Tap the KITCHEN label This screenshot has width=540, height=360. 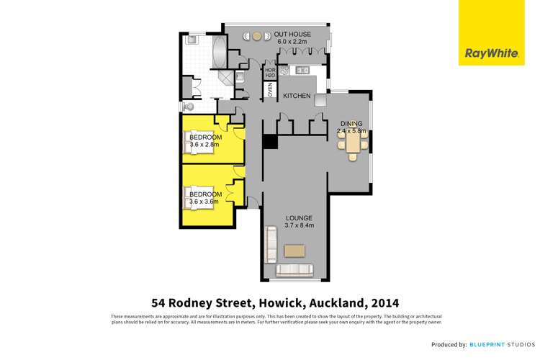coord(296,96)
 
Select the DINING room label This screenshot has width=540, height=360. coord(353,124)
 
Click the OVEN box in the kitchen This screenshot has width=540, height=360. coord(270,91)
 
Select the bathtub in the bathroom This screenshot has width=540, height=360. coord(219,52)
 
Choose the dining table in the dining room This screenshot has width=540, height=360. coord(353,146)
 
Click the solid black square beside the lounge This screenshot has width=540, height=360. coord(269,142)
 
